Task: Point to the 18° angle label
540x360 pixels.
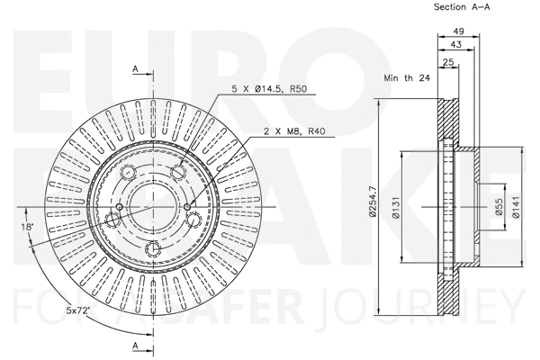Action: pyautogui.click(x=29, y=228)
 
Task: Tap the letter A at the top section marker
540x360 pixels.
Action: pyautogui.click(x=134, y=69)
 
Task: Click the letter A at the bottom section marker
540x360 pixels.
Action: pyautogui.click(x=134, y=346)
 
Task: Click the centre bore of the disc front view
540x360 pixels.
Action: pyautogui.click(x=150, y=206)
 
